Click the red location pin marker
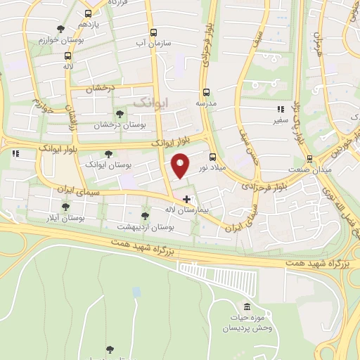(181, 165)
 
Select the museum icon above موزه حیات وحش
(247, 307)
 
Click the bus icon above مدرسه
(206, 92)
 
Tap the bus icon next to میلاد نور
(213, 156)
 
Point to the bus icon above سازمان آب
(153, 32)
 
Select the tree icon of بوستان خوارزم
(61, 29)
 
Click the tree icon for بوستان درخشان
(119, 114)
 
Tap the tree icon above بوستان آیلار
(65, 207)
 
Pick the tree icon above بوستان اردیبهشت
(145, 216)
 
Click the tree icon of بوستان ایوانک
(108, 153)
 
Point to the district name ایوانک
(150, 103)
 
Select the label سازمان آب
(153, 43)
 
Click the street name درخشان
(99, 89)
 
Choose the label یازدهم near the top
(87, 25)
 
